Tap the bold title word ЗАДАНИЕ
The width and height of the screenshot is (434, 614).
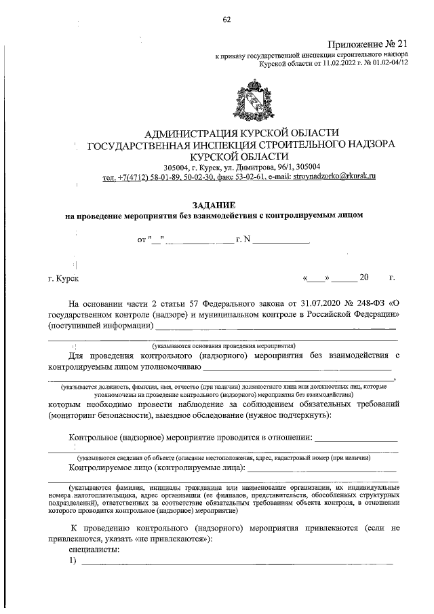[214, 204]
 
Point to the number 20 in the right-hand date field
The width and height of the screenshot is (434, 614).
[363, 277]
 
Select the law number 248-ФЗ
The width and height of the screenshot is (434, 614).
[367, 303]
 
